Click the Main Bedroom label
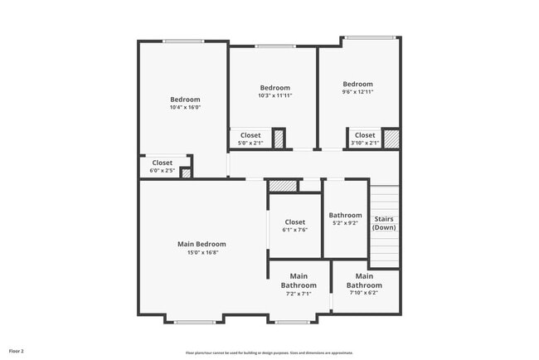click(202, 244)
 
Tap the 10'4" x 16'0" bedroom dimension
click(185, 107)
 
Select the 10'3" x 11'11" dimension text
click(274, 95)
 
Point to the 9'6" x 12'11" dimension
click(357, 91)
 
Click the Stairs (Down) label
click(384, 223)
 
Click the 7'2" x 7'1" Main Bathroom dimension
click(299, 293)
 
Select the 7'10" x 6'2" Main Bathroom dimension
click(363, 292)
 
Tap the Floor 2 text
click(17, 351)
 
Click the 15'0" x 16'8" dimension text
click(202, 252)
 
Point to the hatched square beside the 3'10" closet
click(391, 138)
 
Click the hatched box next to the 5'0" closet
click(279, 139)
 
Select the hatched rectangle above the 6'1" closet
click(282, 186)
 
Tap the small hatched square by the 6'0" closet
click(186, 173)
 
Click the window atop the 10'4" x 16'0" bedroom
click(183, 41)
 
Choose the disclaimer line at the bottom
click(269, 352)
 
